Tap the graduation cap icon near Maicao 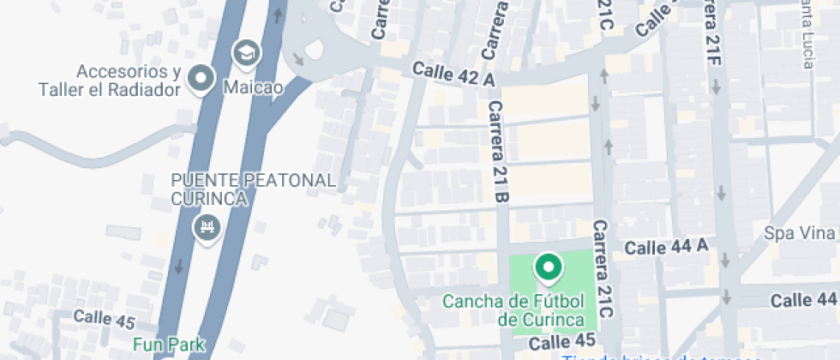click(x=246, y=54)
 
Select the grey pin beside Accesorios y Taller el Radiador click(x=201, y=78)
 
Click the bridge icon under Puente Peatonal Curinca click(x=207, y=228)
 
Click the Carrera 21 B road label click(x=498, y=151)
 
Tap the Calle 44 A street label click(x=668, y=248)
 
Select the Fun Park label click(x=169, y=345)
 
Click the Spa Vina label click(x=800, y=233)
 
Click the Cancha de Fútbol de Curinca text click(x=514, y=310)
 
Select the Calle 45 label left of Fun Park click(x=105, y=318)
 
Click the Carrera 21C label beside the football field click(x=603, y=269)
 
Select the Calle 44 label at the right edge click(x=803, y=300)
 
